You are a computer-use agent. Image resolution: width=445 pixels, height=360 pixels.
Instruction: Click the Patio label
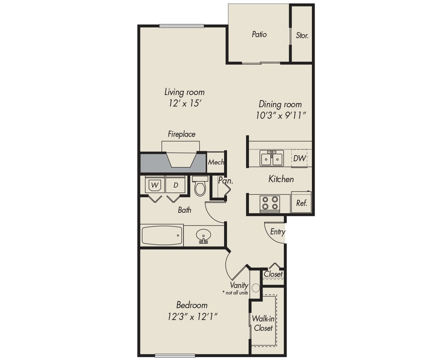(259, 34)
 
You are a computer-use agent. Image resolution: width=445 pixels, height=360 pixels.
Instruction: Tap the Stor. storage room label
(302, 36)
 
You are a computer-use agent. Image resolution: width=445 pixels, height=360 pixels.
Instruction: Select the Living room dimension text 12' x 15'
(185, 103)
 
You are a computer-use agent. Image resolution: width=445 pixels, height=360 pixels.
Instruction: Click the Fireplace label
(181, 134)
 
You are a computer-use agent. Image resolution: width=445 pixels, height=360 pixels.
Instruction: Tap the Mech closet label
(216, 163)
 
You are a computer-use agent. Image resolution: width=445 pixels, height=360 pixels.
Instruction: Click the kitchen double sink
(272, 159)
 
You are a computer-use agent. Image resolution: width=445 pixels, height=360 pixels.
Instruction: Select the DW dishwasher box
(300, 159)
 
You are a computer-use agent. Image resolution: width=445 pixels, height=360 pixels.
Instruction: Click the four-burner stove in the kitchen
(270, 203)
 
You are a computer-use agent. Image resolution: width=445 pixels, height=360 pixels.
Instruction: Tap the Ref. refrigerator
(302, 203)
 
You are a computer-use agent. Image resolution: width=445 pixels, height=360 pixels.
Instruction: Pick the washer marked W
(154, 186)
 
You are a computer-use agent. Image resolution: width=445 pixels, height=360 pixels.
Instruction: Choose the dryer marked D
(175, 186)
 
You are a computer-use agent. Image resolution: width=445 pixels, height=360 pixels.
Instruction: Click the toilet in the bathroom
(200, 186)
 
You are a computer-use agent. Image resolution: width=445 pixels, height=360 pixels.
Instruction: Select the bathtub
(162, 235)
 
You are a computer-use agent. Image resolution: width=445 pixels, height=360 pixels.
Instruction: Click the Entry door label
(277, 232)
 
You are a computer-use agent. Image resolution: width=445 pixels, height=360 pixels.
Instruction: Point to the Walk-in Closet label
(263, 323)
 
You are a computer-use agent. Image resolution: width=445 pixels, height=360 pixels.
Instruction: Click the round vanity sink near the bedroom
(255, 288)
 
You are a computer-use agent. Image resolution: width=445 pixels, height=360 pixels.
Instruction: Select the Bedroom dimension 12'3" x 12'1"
(192, 316)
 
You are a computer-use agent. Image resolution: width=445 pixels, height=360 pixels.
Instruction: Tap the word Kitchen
(281, 179)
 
